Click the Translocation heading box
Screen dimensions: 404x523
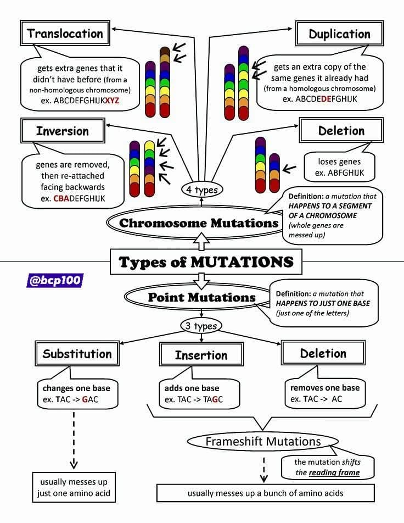pyautogui.click(x=65, y=33)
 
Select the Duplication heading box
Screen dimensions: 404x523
pyautogui.click(x=339, y=34)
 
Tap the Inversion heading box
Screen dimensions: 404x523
pyautogui.click(x=63, y=130)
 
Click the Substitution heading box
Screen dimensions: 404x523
pyautogui.click(x=77, y=354)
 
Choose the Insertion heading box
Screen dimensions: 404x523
pyautogui.click(x=201, y=355)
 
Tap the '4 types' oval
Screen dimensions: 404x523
pyautogui.click(x=202, y=190)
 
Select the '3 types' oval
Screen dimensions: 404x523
pyautogui.click(x=201, y=326)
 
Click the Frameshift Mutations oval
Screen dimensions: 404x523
pyautogui.click(x=263, y=441)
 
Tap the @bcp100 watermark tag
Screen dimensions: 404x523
pyautogui.click(x=55, y=280)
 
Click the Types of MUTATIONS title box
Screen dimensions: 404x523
pyautogui.click(x=206, y=262)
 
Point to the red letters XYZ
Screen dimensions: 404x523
pyautogui.click(x=113, y=101)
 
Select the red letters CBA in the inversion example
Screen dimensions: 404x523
pyautogui.click(x=61, y=198)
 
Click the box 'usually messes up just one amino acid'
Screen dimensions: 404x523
pyautogui.click(x=74, y=487)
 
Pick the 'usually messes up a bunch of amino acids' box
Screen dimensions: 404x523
pyautogui.click(x=265, y=493)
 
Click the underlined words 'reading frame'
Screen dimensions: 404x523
pyautogui.click(x=334, y=472)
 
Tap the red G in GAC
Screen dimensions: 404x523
pyautogui.click(x=85, y=399)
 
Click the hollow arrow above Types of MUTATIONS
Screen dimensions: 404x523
pyautogui.click(x=201, y=242)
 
